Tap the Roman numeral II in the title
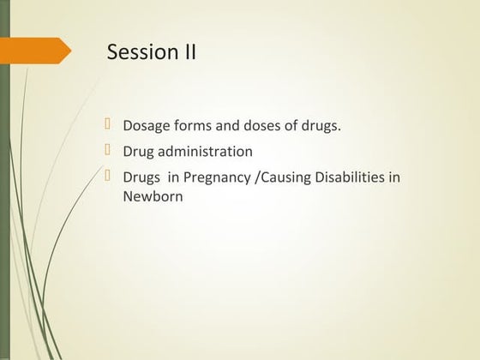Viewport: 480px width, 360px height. (188, 52)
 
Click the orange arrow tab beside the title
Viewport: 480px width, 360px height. (39, 51)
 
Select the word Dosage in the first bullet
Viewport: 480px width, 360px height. (146, 126)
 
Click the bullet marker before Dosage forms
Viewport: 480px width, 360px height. (109, 125)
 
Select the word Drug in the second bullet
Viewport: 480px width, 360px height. (139, 152)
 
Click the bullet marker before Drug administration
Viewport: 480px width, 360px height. (109, 151)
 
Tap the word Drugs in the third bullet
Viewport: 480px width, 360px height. (142, 177)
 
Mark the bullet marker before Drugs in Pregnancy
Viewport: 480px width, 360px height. (109, 177)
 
